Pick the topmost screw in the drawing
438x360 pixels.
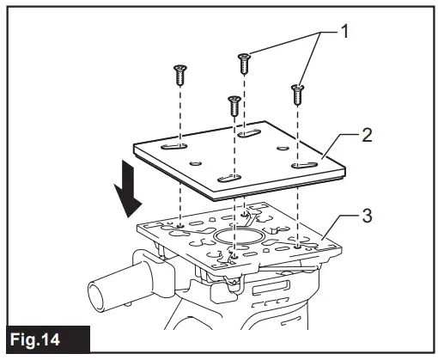[244, 62]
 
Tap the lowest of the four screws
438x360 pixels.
[232, 107]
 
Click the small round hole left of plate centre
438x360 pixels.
[197, 162]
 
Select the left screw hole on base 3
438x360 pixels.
[180, 227]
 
